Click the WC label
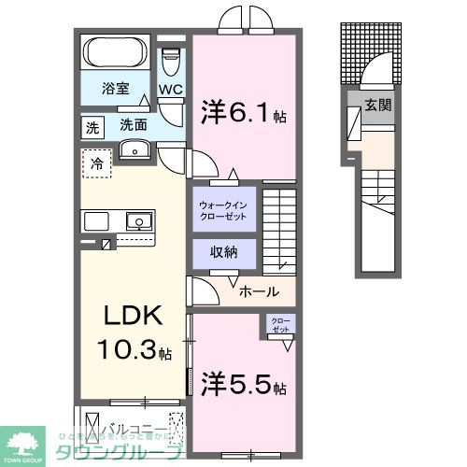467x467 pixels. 169,91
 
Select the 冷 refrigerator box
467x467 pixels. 96,163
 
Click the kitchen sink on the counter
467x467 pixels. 139,221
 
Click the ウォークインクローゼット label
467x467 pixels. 224,209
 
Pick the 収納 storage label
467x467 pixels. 224,253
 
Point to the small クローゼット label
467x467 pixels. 280,325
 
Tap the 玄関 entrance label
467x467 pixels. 377,105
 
